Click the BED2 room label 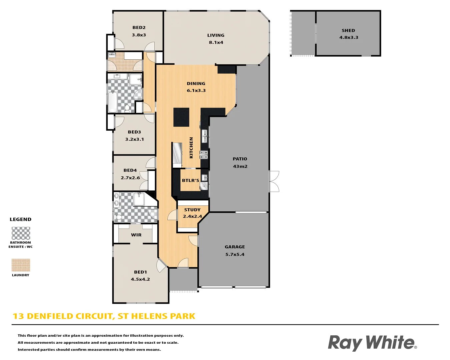[x=139, y=28]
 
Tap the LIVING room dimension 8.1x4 [x=216, y=43]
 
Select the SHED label [x=348, y=30]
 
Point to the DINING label [x=196, y=84]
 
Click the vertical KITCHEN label [x=191, y=148]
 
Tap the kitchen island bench [x=181, y=117]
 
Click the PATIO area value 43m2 [x=240, y=166]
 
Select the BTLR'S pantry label [x=190, y=181]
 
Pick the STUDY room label [x=192, y=210]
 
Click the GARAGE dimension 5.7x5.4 [x=235, y=254]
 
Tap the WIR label [x=136, y=235]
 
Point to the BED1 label [x=140, y=272]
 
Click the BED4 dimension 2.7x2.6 [x=130, y=178]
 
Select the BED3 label [x=134, y=132]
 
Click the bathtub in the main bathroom [x=113, y=102]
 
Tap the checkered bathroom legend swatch [x=21, y=233]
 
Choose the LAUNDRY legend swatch [x=21, y=265]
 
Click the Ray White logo [x=372, y=343]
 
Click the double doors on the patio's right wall [x=274, y=181]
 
